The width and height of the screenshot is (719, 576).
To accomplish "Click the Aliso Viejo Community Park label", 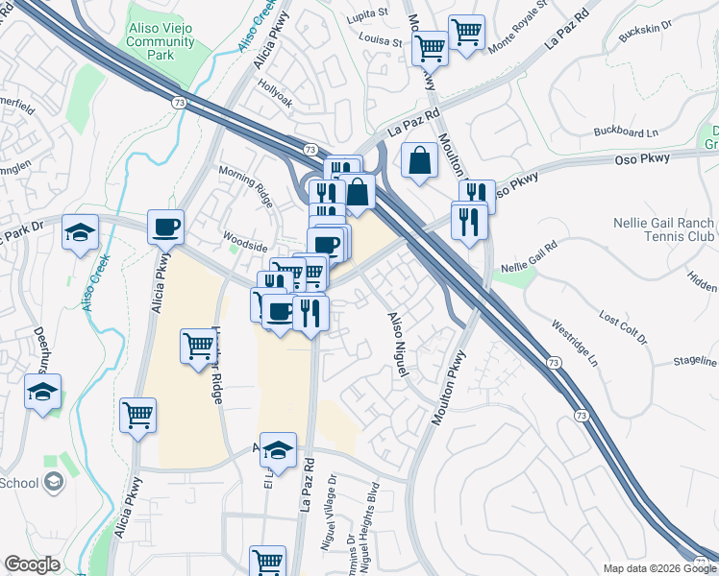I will [161, 42].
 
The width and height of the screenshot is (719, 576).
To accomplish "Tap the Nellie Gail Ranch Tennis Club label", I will [662, 229].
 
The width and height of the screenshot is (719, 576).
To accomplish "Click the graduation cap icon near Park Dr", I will [80, 231].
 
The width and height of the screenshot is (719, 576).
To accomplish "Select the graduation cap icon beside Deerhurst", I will [43, 392].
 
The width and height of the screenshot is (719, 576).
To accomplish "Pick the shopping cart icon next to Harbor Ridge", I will [199, 346].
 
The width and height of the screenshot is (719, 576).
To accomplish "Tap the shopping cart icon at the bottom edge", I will [267, 561].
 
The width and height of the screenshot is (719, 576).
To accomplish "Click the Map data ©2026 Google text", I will [658, 568].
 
